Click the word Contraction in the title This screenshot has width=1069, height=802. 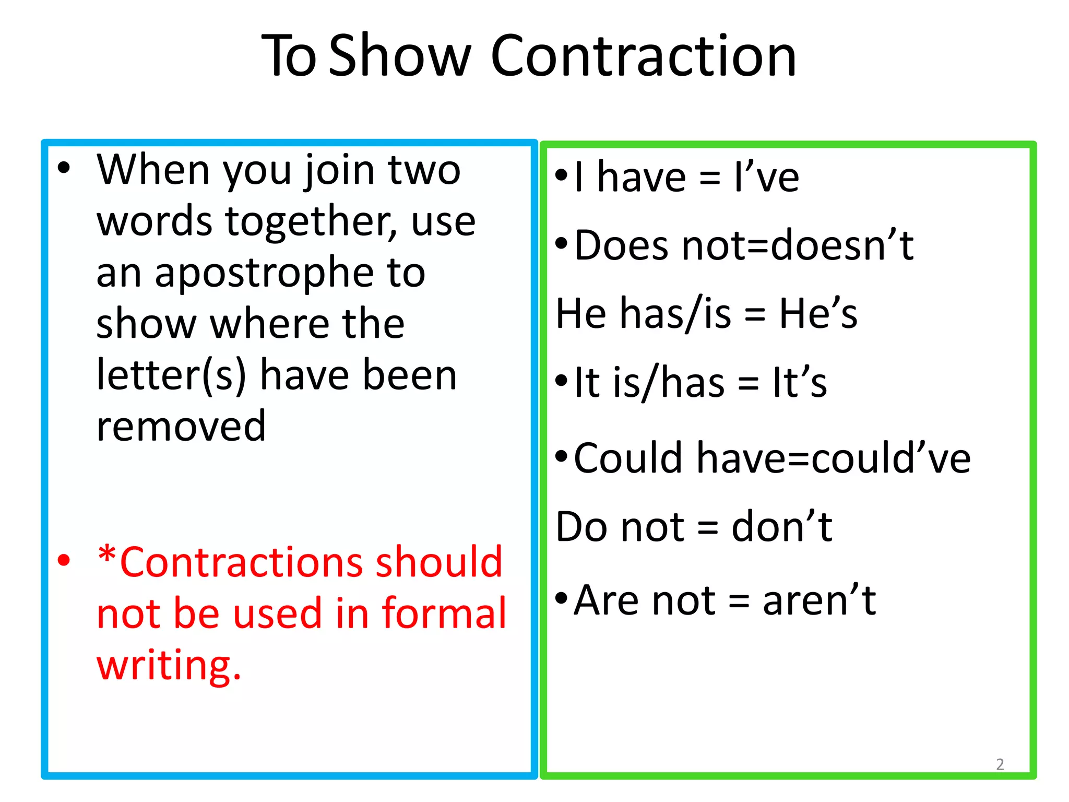(x=643, y=56)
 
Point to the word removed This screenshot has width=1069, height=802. (x=181, y=426)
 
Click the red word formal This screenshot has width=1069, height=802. (x=444, y=613)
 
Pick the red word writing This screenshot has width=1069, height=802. (x=169, y=665)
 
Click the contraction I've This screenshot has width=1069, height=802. (x=766, y=178)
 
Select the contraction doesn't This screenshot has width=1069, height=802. (x=842, y=245)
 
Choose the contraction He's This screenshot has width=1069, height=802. (x=818, y=313)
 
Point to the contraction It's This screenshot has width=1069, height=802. (x=800, y=383)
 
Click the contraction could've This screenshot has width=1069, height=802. (x=891, y=458)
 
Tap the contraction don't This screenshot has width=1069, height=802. (x=781, y=527)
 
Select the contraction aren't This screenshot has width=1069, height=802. (x=819, y=600)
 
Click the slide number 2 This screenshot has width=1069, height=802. (x=1000, y=764)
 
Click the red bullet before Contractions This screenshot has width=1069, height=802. (x=64, y=561)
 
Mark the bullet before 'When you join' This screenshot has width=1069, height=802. (x=64, y=168)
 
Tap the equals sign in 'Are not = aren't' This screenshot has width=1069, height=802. (x=739, y=601)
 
